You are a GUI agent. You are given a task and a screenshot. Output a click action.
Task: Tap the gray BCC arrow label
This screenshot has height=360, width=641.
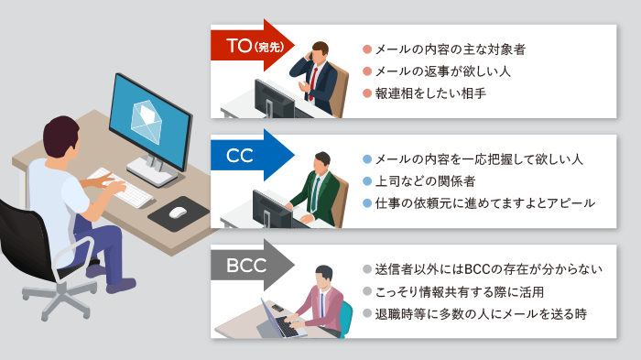[245, 267]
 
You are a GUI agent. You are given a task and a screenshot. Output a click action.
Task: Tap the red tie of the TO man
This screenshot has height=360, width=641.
[315, 82]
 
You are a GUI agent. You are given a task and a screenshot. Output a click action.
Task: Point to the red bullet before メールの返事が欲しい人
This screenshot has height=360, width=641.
[366, 70]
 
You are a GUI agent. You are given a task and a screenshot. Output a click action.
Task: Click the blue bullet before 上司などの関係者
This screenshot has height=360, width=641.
[366, 180]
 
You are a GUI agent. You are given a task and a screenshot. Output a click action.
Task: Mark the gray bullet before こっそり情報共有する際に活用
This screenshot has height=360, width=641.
[366, 292]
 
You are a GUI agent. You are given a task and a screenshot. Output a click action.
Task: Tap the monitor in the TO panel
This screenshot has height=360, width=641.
[274, 96]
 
